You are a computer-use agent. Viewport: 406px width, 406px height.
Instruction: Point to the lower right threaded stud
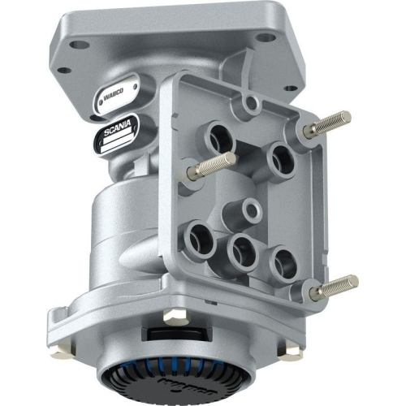(x=336, y=286)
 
